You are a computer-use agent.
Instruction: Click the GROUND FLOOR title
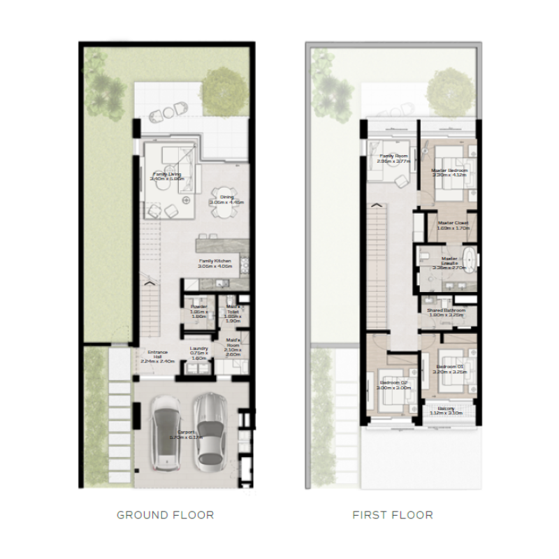click(x=165, y=515)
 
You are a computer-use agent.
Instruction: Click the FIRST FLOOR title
click(x=392, y=515)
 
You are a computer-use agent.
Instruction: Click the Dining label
click(x=227, y=200)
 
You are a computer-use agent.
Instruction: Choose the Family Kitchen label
click(x=214, y=263)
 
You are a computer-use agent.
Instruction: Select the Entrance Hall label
click(x=155, y=356)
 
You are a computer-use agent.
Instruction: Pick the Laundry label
click(x=200, y=353)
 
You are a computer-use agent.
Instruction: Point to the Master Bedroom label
click(x=447, y=173)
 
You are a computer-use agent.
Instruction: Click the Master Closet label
click(x=452, y=225)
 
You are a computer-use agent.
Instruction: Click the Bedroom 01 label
click(x=450, y=369)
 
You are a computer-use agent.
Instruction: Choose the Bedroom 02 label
click(x=394, y=384)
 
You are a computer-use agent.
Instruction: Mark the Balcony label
click(x=447, y=410)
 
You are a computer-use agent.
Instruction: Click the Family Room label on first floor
click(x=393, y=158)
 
